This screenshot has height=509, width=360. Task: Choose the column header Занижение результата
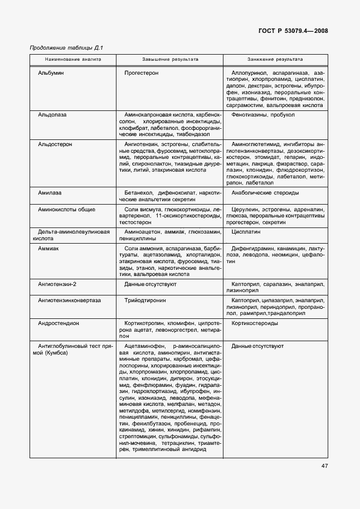275,59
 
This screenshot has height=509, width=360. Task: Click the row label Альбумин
51,72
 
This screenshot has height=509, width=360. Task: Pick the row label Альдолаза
52,114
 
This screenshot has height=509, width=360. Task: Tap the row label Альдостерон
55,144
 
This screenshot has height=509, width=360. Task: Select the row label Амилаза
50,193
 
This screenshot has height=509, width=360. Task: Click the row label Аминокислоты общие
66,209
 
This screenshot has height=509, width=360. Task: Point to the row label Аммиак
48,248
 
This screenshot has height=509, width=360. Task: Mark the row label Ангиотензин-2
57,284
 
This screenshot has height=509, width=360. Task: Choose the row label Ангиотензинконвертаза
69,300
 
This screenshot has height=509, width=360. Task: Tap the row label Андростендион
59,323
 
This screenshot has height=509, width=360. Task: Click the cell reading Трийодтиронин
147,300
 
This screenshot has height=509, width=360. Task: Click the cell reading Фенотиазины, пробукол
264,114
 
